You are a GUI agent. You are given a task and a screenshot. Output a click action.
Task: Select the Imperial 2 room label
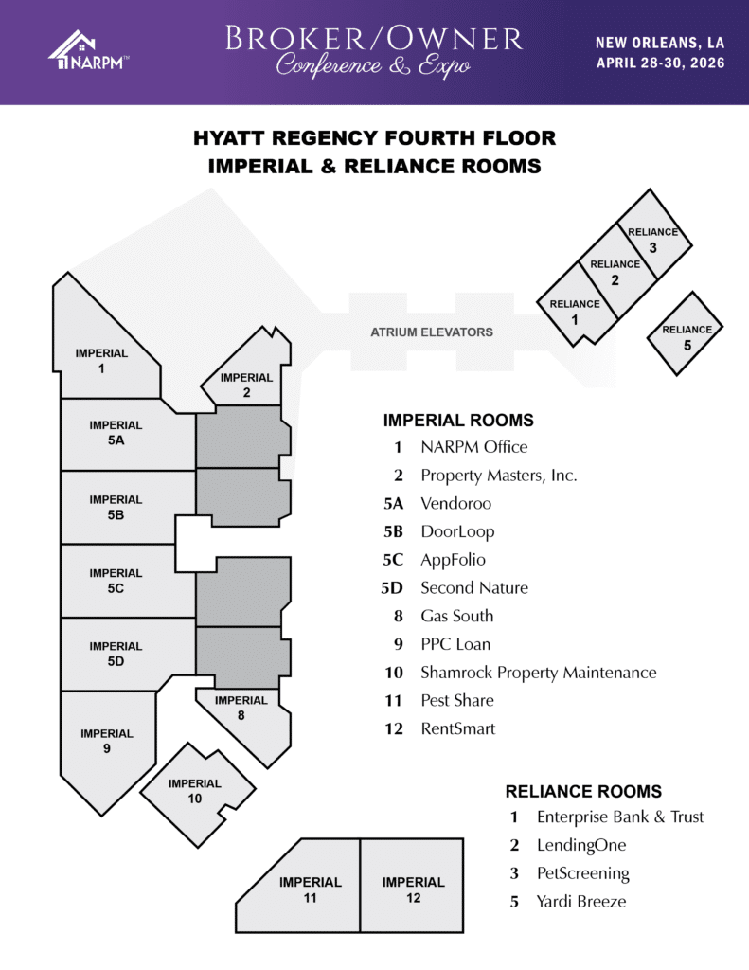[246, 385]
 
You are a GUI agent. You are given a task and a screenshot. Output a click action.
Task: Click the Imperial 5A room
[128, 434]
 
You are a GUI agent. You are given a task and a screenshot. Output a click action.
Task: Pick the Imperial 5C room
[124, 581]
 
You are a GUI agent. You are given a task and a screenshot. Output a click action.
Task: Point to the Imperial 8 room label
[241, 707]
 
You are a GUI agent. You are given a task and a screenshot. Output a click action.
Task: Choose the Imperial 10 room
[197, 795]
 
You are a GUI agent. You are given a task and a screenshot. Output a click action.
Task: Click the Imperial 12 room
[412, 886]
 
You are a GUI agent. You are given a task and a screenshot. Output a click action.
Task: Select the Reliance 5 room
[686, 333]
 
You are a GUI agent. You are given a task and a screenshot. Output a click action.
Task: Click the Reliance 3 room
[654, 236]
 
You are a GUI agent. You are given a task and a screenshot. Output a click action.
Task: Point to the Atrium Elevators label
[432, 332]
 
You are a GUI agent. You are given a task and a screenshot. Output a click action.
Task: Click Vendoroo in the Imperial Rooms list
[455, 504]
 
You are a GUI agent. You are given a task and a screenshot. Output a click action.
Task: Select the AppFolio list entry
[453, 560]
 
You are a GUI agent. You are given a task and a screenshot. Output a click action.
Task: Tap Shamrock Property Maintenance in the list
[539, 673]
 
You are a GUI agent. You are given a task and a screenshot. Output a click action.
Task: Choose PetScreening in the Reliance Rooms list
[582, 873]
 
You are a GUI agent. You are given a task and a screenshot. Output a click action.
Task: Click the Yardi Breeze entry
[581, 902]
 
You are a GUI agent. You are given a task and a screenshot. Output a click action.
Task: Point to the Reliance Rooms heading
[583, 791]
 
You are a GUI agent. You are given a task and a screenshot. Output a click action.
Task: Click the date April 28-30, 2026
[660, 63]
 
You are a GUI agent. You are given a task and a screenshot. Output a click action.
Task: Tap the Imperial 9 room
[106, 743]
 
